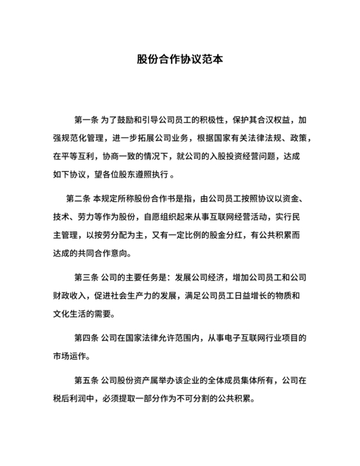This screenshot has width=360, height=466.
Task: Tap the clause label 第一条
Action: pos(85,120)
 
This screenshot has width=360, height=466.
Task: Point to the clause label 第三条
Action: pos(85,278)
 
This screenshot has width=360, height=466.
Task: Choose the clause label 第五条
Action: pos(85,381)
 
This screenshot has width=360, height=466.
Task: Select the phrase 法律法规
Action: pos(254,138)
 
